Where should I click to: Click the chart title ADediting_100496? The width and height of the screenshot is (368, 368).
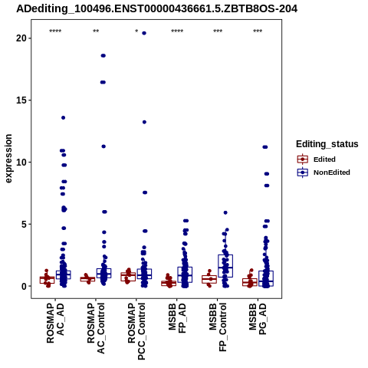click(156, 9)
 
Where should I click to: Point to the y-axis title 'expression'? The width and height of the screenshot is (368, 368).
click(8, 159)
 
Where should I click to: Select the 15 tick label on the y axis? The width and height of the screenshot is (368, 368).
click(21, 100)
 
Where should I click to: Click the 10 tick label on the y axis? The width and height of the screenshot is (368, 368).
click(21, 163)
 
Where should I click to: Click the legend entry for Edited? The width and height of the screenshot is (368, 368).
click(317, 159)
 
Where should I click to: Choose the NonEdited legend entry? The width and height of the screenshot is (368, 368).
click(324, 172)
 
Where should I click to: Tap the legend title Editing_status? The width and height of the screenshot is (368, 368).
click(327, 144)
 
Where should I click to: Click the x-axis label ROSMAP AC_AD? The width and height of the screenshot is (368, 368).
click(55, 324)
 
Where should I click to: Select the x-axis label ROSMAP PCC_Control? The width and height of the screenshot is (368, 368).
click(136, 331)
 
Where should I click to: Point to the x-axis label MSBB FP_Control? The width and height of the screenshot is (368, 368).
click(218, 327)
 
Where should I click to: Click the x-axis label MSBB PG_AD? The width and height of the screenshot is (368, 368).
click(258, 319)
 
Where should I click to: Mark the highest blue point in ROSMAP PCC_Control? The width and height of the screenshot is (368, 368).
click(144, 33)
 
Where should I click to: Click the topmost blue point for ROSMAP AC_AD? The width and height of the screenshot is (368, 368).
click(63, 118)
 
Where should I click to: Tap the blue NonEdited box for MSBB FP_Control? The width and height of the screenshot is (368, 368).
click(225, 266)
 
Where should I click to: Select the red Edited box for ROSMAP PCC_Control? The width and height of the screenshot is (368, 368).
click(128, 277)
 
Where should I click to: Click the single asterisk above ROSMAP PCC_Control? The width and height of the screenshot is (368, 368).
click(136, 31)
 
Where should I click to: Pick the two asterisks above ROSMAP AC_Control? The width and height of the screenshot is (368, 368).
click(96, 31)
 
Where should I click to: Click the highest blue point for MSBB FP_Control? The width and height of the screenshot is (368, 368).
click(225, 212)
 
